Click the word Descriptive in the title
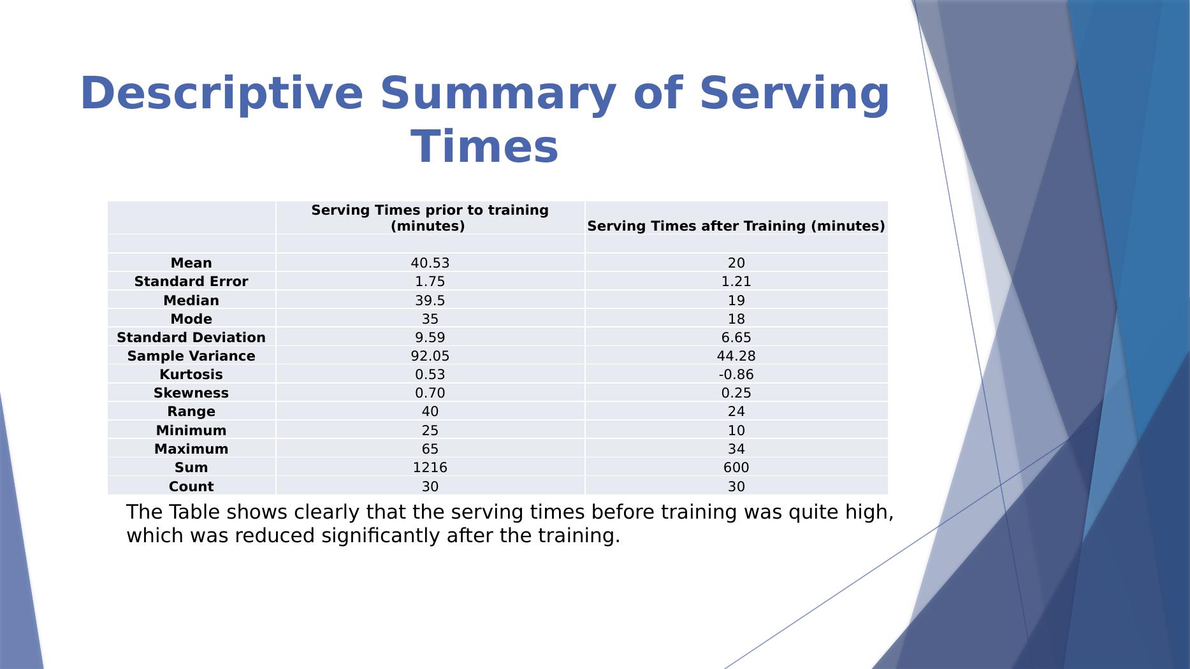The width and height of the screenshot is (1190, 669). pyautogui.click(x=221, y=94)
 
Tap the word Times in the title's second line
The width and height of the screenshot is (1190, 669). pyautogui.click(x=484, y=147)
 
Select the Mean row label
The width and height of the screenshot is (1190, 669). pyautogui.click(x=191, y=263)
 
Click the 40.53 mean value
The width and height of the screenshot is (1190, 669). pyautogui.click(x=430, y=263)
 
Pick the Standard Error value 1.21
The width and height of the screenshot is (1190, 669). pyautogui.click(x=736, y=282)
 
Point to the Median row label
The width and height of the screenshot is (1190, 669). pyautogui.click(x=191, y=301)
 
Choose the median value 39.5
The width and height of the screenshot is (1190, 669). pyautogui.click(x=430, y=301)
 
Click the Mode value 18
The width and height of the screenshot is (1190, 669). pyautogui.click(x=736, y=319)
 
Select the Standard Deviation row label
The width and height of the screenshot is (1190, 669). pyautogui.click(x=191, y=338)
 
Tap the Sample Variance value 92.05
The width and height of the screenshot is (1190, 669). pyautogui.click(x=430, y=356)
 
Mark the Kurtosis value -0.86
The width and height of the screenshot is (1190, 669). pyautogui.click(x=736, y=375)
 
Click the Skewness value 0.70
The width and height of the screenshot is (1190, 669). pyautogui.click(x=430, y=393)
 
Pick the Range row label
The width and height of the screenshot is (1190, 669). pyautogui.click(x=191, y=412)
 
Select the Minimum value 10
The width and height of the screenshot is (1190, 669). pyautogui.click(x=736, y=431)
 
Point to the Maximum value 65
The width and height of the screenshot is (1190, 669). pyautogui.click(x=430, y=449)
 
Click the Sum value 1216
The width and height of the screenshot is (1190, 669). pyautogui.click(x=430, y=468)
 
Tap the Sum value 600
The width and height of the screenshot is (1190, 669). pyautogui.click(x=736, y=468)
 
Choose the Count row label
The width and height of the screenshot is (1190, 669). pyautogui.click(x=191, y=487)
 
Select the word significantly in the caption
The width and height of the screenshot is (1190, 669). pyautogui.click(x=381, y=536)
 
